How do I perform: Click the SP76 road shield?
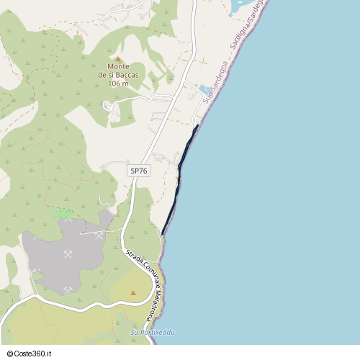tap(138, 171)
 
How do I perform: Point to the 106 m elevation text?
tap(118, 84)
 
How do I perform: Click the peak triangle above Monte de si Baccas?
tap(118, 59)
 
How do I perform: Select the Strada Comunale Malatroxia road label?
tap(142, 284)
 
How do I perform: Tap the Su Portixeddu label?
tap(153, 332)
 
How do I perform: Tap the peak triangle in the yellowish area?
tap(133, 293)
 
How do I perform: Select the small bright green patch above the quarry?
tap(63, 213)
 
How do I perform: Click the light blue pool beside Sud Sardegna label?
tap(205, 89)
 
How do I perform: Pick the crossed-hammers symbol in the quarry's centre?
tap(68, 254)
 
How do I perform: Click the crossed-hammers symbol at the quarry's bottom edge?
tap(67, 289)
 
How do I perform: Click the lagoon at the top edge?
tap(241, 7)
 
